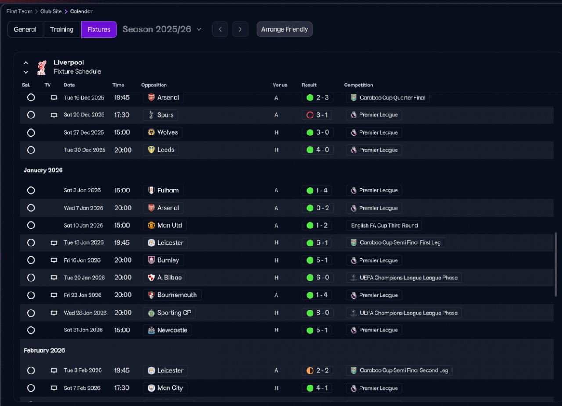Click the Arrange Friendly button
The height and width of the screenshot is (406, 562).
[x=285, y=29]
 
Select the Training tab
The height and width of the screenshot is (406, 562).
[x=61, y=29]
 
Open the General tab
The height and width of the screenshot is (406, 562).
[x=25, y=29]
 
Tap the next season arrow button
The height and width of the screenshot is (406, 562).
[x=240, y=29]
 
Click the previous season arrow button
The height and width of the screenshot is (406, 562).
[x=220, y=29]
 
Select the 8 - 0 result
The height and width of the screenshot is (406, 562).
[x=318, y=313]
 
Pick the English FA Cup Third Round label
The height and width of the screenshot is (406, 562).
[x=384, y=225]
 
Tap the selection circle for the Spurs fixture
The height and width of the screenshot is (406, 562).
[x=31, y=115]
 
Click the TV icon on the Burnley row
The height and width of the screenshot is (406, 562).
[x=54, y=260]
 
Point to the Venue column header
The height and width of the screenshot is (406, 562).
[x=280, y=85]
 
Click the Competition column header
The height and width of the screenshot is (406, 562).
[x=358, y=85]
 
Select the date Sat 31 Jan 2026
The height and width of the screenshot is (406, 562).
[x=83, y=330]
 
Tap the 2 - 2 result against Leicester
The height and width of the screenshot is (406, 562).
[x=318, y=370]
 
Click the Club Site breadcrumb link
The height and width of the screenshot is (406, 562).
[x=51, y=11]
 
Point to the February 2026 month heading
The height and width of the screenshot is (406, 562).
[x=44, y=350]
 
